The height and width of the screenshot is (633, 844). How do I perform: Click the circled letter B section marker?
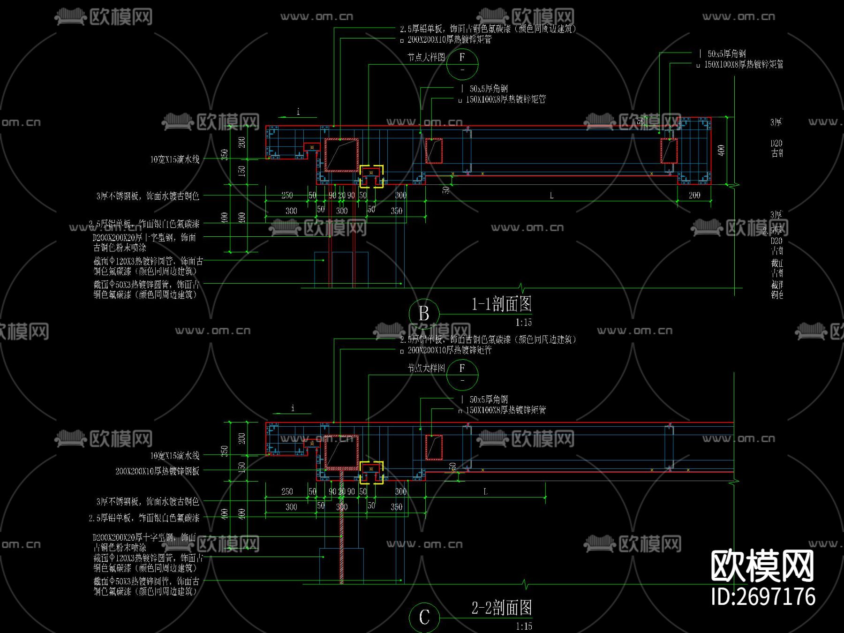click(424, 313)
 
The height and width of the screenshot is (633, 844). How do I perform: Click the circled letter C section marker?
click(424, 617)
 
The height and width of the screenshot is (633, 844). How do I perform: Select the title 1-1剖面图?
click(501, 304)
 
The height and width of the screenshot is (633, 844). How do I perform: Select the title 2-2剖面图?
click(502, 608)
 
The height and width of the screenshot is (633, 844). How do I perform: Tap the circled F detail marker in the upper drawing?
click(462, 63)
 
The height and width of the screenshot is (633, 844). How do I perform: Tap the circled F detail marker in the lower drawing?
click(462, 374)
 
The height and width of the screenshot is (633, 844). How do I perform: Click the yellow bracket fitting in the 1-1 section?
click(371, 176)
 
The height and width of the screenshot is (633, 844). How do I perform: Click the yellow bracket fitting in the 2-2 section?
click(371, 472)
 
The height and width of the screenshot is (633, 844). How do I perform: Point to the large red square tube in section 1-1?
click(341, 155)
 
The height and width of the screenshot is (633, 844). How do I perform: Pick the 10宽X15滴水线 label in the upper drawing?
click(175, 159)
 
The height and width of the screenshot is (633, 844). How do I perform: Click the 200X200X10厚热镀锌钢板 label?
click(157, 471)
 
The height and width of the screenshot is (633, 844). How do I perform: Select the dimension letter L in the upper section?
click(551, 196)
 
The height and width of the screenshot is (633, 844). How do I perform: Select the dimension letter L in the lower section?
click(485, 491)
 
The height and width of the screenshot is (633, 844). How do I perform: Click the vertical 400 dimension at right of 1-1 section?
click(721, 150)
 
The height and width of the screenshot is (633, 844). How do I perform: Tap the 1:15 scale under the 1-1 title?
click(523, 323)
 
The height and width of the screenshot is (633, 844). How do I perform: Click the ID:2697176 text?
click(763, 597)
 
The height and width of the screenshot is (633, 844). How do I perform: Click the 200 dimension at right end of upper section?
click(694, 195)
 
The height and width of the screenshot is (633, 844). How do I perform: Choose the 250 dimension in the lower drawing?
click(287, 491)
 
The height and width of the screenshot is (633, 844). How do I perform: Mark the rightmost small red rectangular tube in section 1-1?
click(669, 151)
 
